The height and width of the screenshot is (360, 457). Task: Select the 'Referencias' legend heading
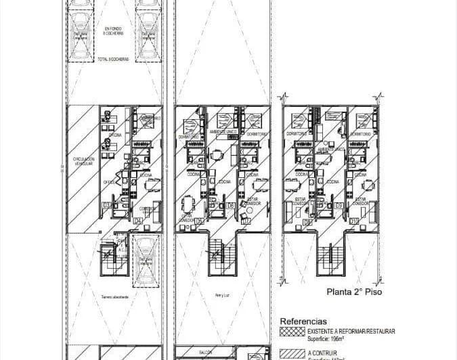click(x=303, y=321)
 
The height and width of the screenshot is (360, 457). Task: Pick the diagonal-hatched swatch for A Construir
click(x=292, y=353)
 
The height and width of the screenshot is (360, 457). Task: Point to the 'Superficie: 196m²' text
click(x=330, y=338)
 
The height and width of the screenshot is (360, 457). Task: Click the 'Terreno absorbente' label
click(x=114, y=296)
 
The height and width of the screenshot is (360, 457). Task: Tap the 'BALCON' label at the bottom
click(x=205, y=353)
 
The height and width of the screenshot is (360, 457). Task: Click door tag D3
click(x=106, y=205)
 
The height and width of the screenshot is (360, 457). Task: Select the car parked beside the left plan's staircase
click(x=145, y=261)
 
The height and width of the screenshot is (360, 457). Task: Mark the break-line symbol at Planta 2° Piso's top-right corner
click(x=381, y=97)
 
